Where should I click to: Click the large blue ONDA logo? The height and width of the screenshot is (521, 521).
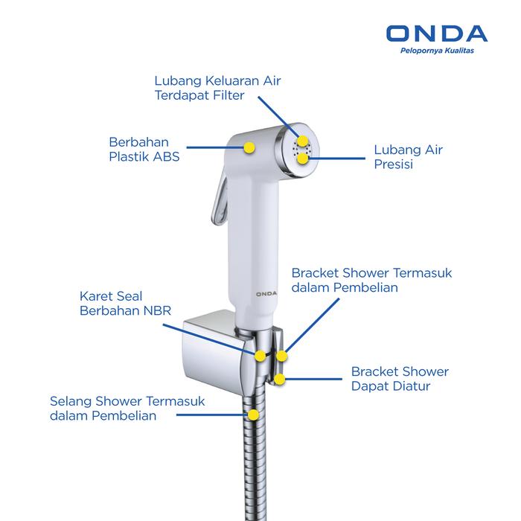tap(437, 33)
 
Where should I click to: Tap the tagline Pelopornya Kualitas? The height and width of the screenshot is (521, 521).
tap(437, 51)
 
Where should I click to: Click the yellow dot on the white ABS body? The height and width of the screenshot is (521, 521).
tap(249, 147)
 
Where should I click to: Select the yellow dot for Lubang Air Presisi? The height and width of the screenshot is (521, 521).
tap(303, 158)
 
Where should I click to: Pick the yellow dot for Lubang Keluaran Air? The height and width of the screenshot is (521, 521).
tap(302, 141)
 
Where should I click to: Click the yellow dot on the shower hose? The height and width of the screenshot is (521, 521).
tap(253, 415)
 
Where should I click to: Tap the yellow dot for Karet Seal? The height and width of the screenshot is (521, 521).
tap(260, 356)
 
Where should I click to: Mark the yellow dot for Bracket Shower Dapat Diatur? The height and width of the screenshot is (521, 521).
tap(280, 379)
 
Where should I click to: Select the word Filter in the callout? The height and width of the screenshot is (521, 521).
tap(228, 95)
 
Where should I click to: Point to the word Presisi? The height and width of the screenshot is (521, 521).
tap(394, 164)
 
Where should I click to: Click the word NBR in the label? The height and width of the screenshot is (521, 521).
tap(157, 310)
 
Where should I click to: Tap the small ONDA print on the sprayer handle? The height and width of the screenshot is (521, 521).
tap(266, 294)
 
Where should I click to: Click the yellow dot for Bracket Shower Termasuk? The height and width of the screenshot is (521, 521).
tap(281, 356)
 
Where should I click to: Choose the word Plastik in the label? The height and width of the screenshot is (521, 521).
tap(127, 156)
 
